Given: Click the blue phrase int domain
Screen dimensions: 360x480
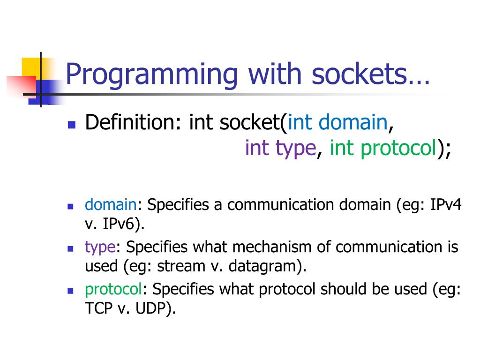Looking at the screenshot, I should [337, 123].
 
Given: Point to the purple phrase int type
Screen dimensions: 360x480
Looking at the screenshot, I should [280, 148].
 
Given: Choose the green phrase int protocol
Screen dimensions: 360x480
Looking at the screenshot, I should [383, 148].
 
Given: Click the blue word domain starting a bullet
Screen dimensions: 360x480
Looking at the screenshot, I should [110, 205].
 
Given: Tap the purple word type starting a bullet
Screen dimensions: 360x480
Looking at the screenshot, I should [100, 247].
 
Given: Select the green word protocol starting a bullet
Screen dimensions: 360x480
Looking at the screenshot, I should [113, 289].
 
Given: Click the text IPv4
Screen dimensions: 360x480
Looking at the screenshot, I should [446, 205].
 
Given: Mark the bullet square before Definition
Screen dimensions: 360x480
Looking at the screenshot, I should [72, 125].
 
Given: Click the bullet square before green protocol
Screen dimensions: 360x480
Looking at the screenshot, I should [71, 291].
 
